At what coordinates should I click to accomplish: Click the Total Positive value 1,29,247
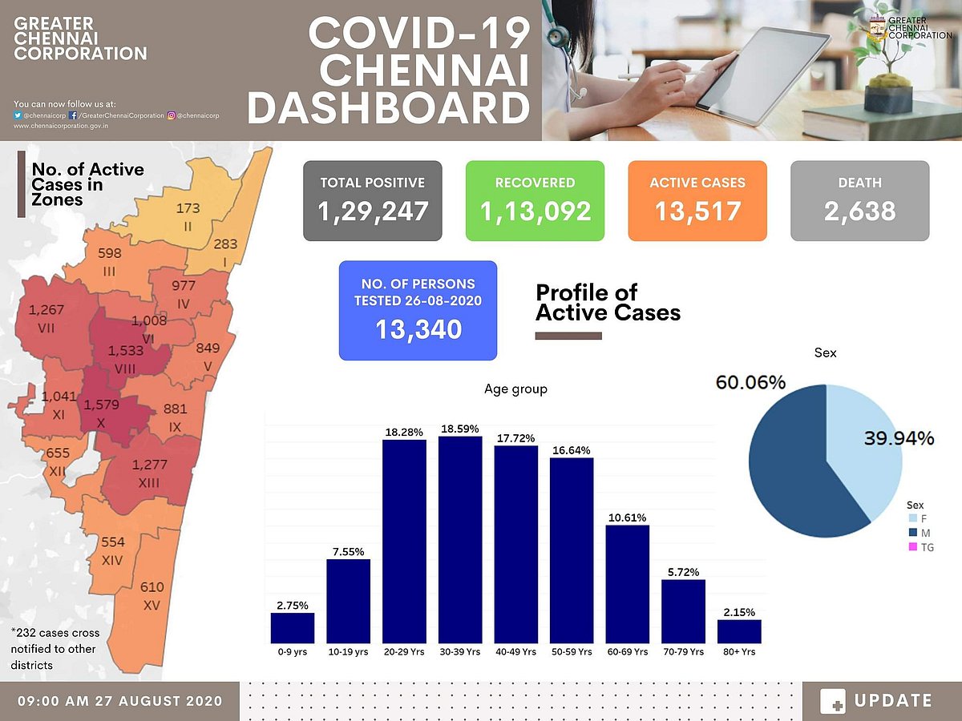373,211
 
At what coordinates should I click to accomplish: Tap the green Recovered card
535,200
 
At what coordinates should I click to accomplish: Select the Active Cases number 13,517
697,211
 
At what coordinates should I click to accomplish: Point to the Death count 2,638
859,211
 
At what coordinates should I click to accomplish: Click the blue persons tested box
418,310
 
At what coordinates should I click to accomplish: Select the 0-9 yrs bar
293,628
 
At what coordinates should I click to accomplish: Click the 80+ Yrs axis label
739,652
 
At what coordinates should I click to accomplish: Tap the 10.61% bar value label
627,518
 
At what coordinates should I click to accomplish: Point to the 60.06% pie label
750,383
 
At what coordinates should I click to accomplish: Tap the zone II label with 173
188,216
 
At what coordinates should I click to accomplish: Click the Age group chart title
515,389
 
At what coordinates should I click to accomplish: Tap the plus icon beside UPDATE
833,702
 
